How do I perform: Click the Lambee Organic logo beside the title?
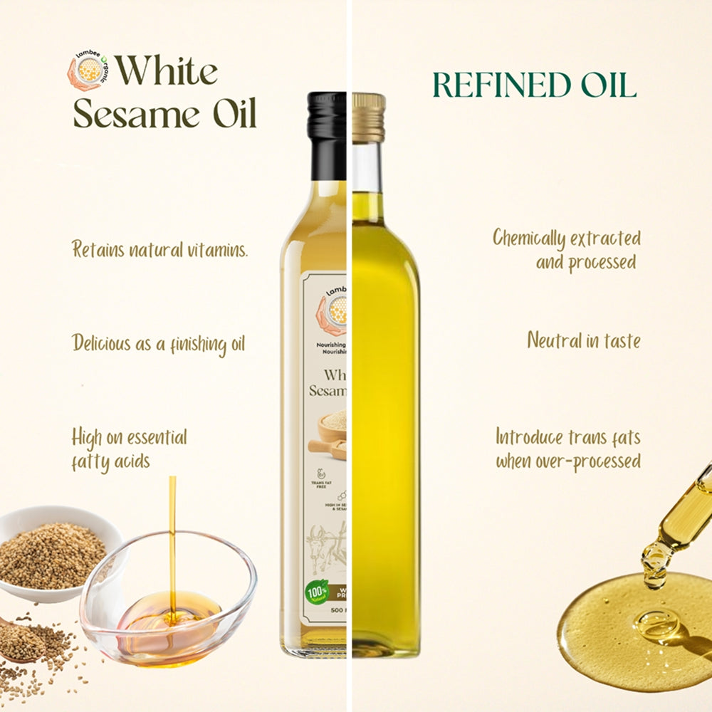pyautogui.click(x=89, y=70)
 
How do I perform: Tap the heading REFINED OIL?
pyautogui.click(x=533, y=85)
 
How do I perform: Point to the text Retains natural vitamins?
pyautogui.click(x=160, y=250)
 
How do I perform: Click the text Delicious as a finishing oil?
pyautogui.click(x=158, y=343)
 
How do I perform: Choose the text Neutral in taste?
pyautogui.click(x=583, y=340)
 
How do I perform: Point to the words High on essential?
pyautogui.click(x=129, y=436)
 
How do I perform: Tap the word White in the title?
pyautogui.click(x=167, y=72)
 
